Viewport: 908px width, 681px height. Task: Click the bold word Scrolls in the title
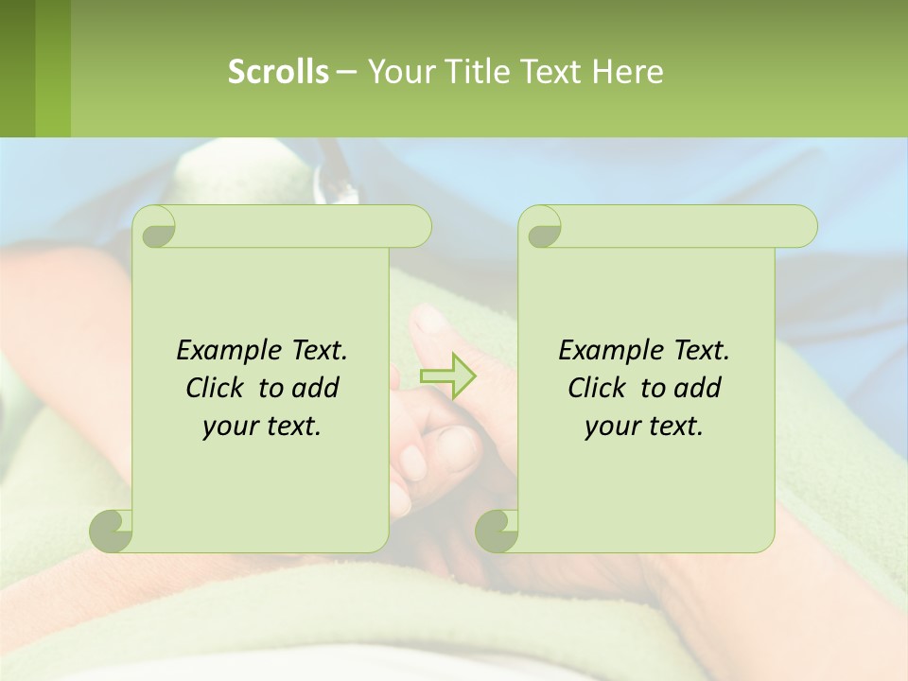tap(279, 71)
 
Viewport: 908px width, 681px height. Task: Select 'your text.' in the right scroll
tap(644, 426)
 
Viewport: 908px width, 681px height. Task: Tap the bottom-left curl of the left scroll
tap(111, 530)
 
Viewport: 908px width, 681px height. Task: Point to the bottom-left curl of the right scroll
tap(497, 530)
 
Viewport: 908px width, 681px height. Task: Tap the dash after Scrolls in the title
tap(346, 72)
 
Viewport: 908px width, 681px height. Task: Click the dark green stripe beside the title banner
tap(17, 68)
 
